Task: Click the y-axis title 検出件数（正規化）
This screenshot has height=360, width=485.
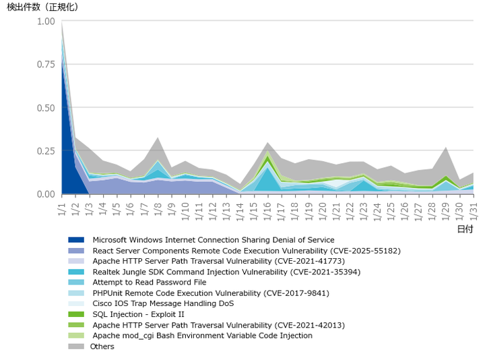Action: point(42,7)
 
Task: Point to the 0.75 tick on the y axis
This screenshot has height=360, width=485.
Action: point(45,65)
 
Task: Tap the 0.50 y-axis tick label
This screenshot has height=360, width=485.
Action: point(45,108)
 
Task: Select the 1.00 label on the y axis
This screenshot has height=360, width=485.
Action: point(45,22)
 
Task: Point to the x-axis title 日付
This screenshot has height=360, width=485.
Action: point(465,229)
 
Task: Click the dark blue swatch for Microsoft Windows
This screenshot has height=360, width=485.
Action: point(76,240)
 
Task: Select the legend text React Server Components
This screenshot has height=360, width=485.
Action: point(247,251)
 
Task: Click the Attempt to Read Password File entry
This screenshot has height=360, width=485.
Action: point(150,282)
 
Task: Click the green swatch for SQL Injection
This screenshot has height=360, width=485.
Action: point(76,314)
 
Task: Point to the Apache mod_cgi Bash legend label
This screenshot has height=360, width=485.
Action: point(202,336)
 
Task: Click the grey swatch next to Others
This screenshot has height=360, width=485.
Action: point(76,347)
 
